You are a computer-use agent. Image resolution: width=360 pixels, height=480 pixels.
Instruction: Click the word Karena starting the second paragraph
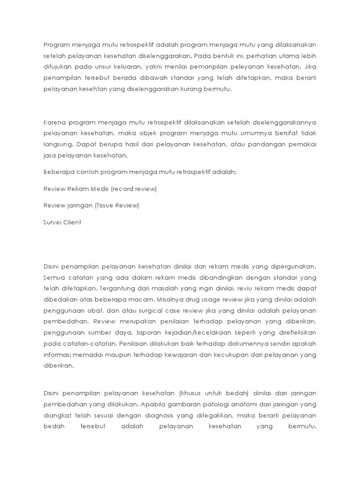pos(54,122)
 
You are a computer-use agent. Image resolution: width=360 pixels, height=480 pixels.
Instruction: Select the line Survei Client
pos(62,222)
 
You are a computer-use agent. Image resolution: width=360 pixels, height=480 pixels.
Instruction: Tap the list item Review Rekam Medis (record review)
pos(100,188)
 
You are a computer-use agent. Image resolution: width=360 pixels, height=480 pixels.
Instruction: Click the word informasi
pos(59,355)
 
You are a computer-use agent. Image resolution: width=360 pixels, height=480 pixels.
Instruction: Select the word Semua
pos(53,277)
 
